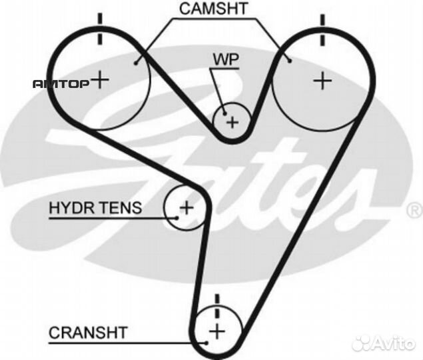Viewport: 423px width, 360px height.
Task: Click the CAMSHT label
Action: click(x=213, y=9)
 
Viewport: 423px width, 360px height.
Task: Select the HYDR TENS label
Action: click(x=95, y=208)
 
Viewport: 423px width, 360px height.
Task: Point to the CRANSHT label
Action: click(x=88, y=331)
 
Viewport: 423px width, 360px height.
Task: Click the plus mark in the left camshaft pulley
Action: click(x=100, y=80)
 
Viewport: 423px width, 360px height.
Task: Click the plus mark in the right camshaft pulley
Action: click(x=322, y=81)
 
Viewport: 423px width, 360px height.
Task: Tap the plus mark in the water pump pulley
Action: click(x=232, y=123)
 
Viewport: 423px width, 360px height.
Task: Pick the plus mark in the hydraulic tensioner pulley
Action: click(x=187, y=207)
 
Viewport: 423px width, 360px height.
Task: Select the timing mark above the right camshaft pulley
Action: click(x=323, y=27)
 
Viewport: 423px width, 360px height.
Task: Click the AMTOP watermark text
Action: click(x=61, y=84)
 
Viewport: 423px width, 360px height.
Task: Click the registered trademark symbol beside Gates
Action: click(x=414, y=211)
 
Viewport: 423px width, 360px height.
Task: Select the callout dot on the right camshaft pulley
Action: click(x=290, y=62)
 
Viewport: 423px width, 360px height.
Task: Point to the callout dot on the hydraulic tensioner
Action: click(x=177, y=217)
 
